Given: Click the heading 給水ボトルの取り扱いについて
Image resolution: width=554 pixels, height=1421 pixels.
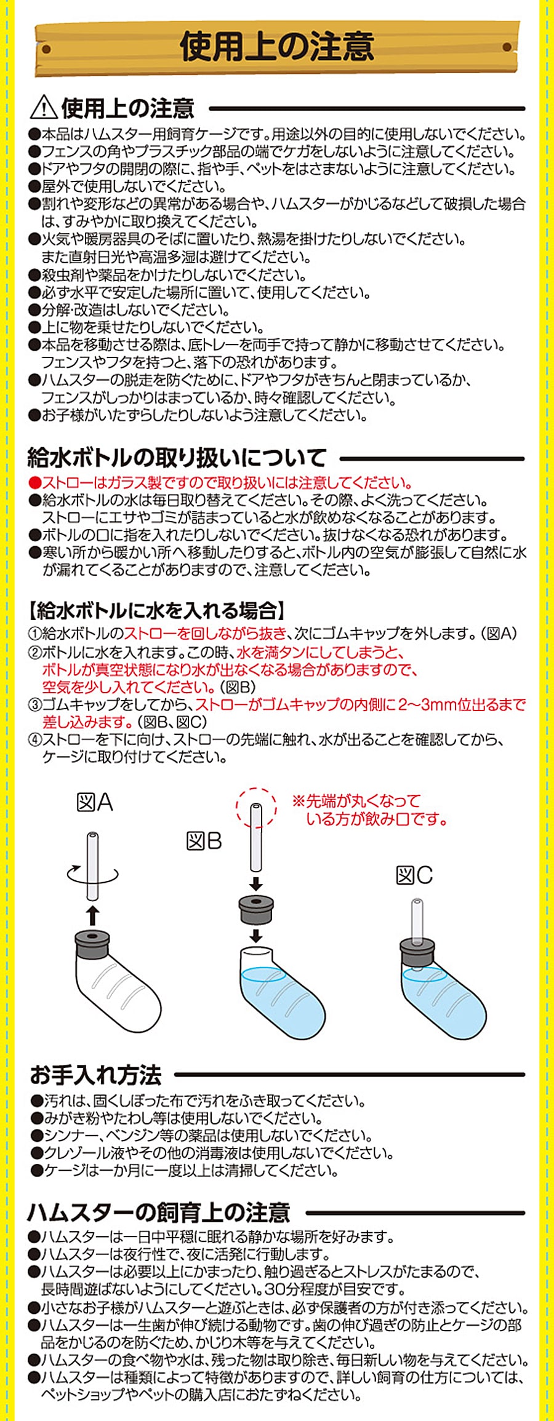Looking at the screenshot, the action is tap(177, 458).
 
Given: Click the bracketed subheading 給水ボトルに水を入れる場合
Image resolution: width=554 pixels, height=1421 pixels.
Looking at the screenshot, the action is tap(158, 611).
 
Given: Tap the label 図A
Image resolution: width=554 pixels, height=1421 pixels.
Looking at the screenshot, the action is tap(95, 802).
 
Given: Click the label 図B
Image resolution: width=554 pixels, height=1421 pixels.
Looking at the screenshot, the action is tap(204, 841).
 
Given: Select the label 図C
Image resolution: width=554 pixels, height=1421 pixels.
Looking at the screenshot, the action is tap(414, 875).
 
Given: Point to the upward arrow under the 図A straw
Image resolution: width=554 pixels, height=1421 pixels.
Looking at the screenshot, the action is tap(92, 915).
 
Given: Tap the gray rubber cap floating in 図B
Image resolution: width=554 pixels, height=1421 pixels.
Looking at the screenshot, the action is tap(256, 910).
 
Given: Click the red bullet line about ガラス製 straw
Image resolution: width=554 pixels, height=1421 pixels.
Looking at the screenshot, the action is tap(220, 483).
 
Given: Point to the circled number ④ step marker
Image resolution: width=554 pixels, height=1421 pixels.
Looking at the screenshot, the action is tap(34, 739).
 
